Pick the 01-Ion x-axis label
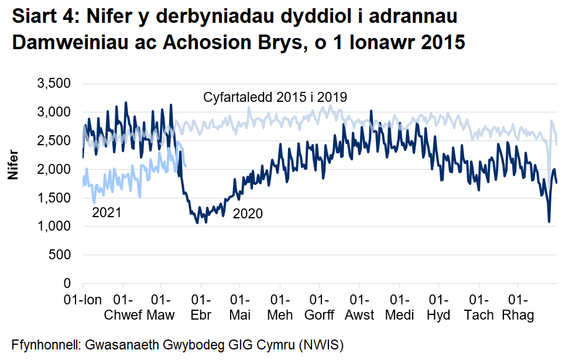coord(82,300)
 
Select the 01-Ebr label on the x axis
coord(201,308)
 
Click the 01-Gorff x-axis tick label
coord(320,308)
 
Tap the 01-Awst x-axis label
coord(359,308)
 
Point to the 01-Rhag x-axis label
coord(518,308)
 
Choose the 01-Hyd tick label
coord(438,308)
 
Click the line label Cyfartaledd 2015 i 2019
coord(275,97)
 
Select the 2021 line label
coord(107,212)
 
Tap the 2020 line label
coord(248,214)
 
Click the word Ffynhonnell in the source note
coord(46,344)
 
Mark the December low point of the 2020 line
coord(549,221)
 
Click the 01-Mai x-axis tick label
coord(240,308)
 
